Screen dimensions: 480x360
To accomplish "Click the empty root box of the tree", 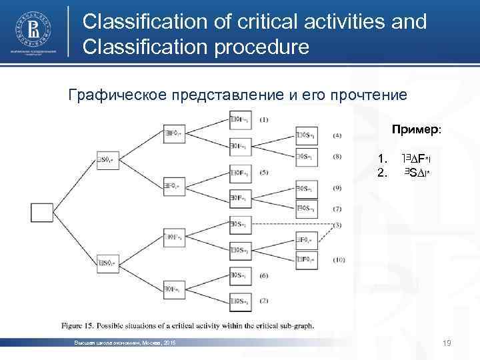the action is point(41,213).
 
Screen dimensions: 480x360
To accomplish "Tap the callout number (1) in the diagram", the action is point(263,120).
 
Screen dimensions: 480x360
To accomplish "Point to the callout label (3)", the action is point(338,225).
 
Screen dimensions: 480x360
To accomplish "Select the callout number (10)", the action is point(339,259).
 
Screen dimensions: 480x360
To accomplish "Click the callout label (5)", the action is point(263,172).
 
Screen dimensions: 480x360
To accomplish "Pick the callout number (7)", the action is point(338,209).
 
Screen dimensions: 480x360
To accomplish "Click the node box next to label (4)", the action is point(306,135).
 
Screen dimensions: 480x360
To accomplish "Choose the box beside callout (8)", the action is point(306,157).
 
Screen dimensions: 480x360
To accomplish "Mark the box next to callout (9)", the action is point(306,188).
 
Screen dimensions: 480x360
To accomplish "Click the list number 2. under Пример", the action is point(382,173).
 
